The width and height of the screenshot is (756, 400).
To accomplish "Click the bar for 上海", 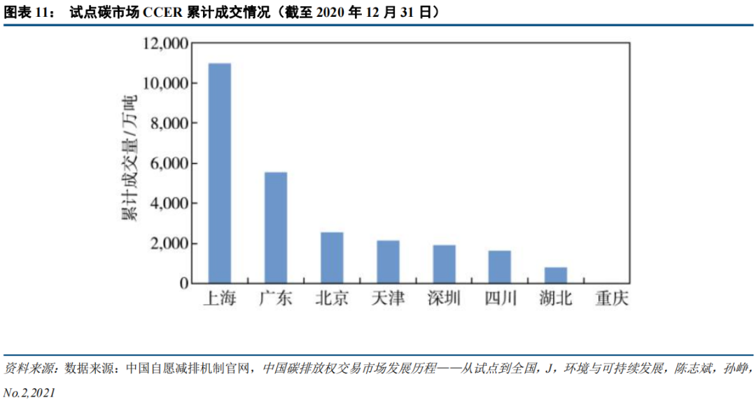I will (x=220, y=173).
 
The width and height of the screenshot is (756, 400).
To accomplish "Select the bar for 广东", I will (x=276, y=228).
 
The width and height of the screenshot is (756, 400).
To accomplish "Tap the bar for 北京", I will (x=332, y=258).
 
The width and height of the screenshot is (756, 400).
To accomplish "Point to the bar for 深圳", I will (x=444, y=264).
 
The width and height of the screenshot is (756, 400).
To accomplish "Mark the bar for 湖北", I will (x=556, y=275).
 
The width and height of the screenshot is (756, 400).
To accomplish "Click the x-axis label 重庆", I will (x=612, y=299).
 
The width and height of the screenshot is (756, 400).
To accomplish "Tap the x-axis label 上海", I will (x=220, y=299).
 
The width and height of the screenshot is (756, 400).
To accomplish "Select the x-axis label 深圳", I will (x=444, y=299).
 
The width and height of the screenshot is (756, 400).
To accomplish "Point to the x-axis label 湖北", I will (x=556, y=299).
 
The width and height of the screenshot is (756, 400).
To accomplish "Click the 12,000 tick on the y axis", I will (x=164, y=43).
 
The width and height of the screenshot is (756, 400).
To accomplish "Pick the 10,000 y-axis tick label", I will (x=164, y=83).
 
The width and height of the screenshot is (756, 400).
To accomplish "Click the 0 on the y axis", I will (x=183, y=284).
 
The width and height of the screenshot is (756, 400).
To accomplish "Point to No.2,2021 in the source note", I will (x=29, y=392).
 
